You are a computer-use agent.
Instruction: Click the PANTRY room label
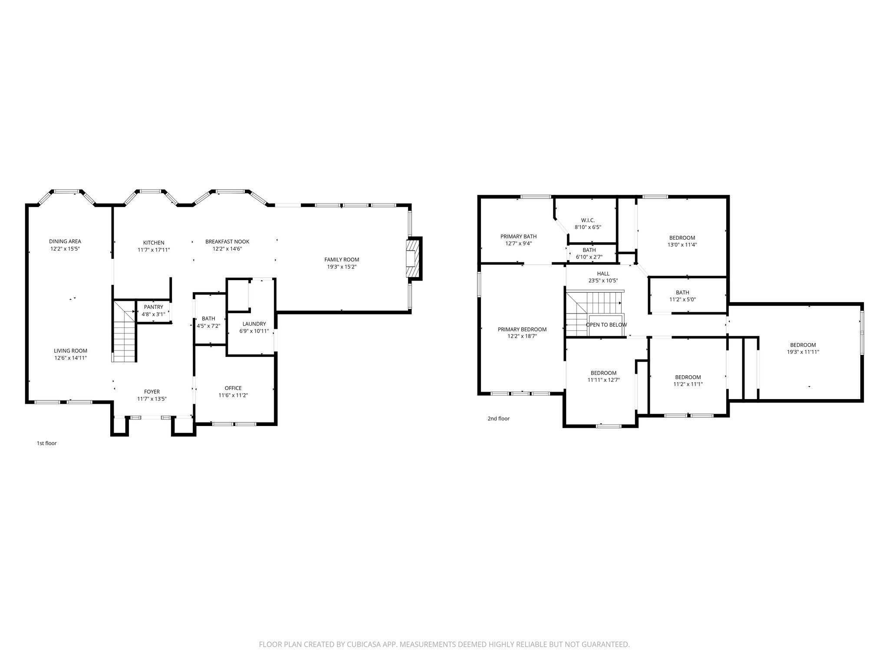[x=154, y=307]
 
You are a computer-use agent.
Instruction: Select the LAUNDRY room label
[x=254, y=324]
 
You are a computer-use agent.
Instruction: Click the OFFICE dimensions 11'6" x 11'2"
[x=233, y=395]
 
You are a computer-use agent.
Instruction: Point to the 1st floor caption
[x=46, y=443]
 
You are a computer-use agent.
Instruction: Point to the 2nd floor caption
[x=498, y=419]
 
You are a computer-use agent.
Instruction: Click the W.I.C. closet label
[x=588, y=220]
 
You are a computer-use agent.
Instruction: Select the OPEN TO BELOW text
[x=606, y=325]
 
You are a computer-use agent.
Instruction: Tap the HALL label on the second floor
[x=603, y=274]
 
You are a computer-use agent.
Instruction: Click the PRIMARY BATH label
[x=518, y=237]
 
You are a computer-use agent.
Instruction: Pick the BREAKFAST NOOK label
[x=227, y=242]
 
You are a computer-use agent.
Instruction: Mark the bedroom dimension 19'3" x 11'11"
[x=803, y=352]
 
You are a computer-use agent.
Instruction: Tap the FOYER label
[x=152, y=392]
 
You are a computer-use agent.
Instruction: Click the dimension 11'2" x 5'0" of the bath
[x=682, y=299]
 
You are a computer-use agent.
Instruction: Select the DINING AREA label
[x=65, y=241]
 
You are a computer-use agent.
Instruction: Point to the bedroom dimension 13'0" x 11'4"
[x=682, y=244]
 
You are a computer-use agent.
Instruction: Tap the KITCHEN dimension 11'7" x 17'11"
[x=154, y=250]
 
